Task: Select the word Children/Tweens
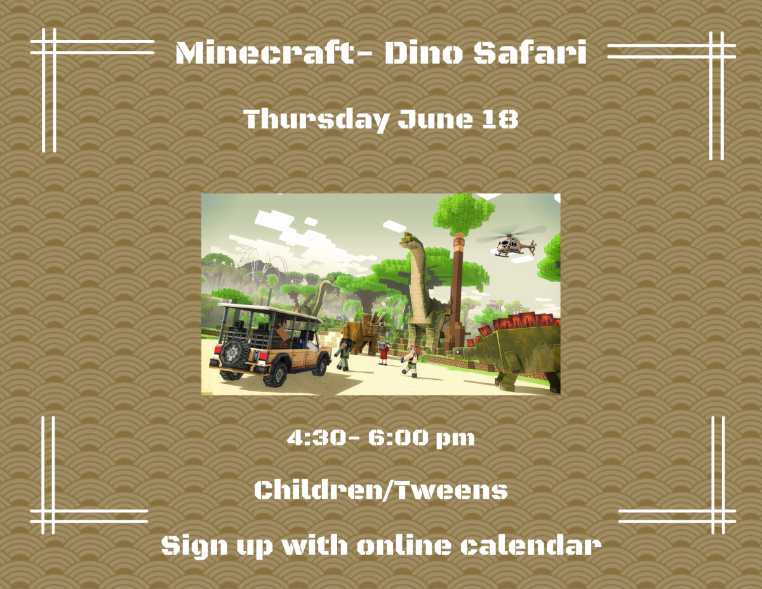[x=381, y=490]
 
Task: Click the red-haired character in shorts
[x=411, y=360]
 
